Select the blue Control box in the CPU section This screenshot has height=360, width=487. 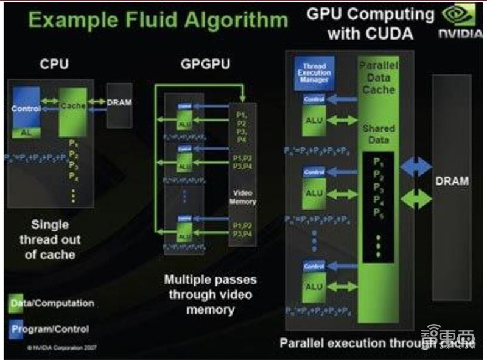pyautogui.click(x=26, y=108)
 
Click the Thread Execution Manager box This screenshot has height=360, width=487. pyautogui.click(x=314, y=72)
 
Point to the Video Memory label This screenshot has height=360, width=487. pyautogui.click(x=243, y=197)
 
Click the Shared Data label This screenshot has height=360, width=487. pyautogui.click(x=378, y=134)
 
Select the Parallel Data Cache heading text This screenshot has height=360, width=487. pyautogui.click(x=378, y=77)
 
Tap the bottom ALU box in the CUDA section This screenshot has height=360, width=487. pyautogui.click(x=314, y=286)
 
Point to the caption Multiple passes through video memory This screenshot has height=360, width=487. pyautogui.click(x=211, y=295)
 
